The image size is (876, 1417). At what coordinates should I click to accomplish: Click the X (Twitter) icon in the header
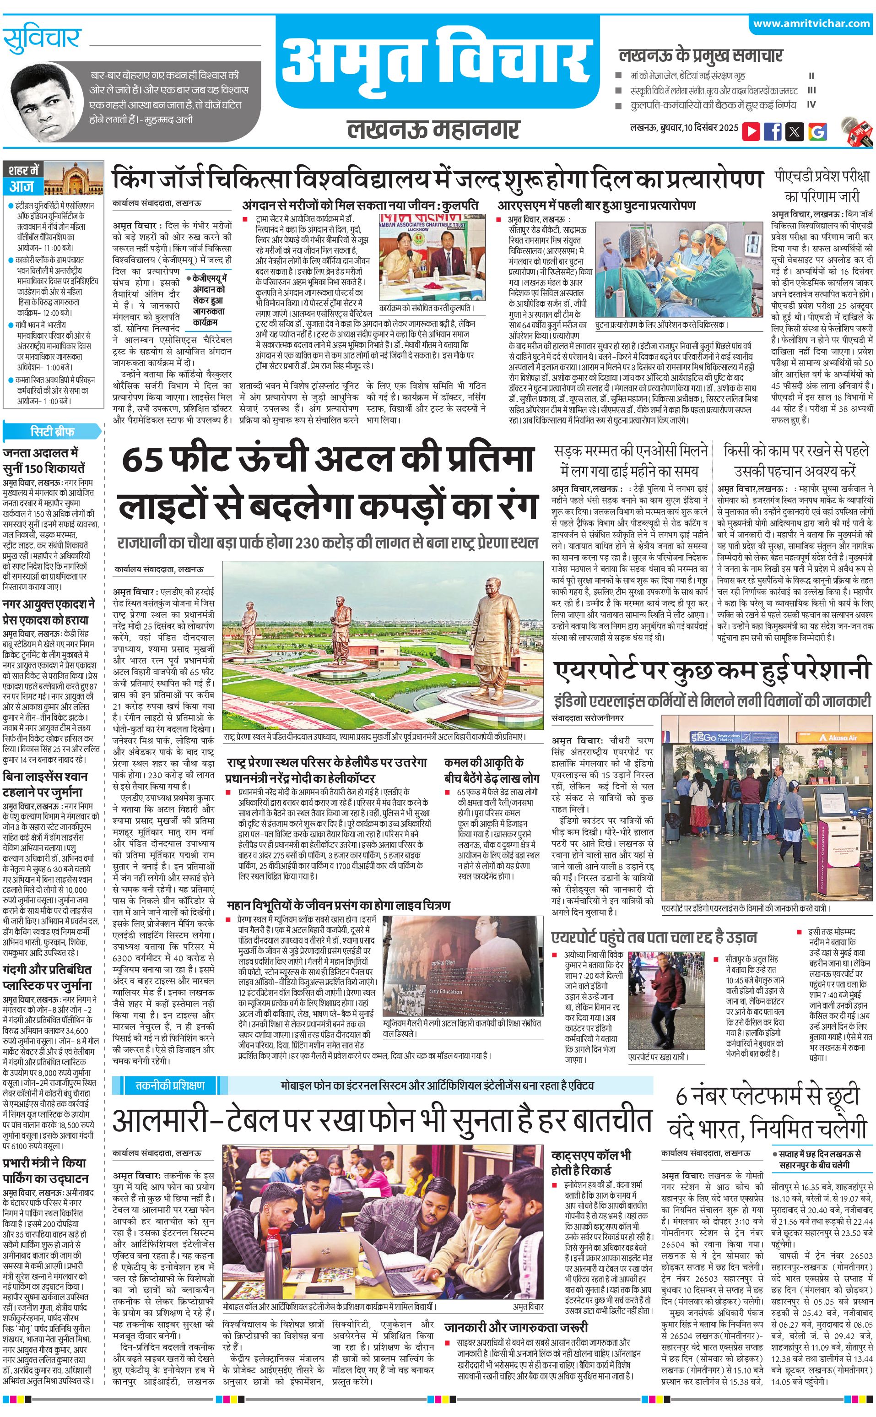coord(795,131)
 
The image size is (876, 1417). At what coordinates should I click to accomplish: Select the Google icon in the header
coord(817,131)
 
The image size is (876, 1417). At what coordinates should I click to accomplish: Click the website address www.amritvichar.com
coord(811,24)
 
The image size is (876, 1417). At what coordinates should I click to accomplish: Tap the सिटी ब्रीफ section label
coord(52,431)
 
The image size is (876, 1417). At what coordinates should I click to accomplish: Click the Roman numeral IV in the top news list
coord(811,105)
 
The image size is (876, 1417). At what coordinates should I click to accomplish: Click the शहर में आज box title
coord(24,179)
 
